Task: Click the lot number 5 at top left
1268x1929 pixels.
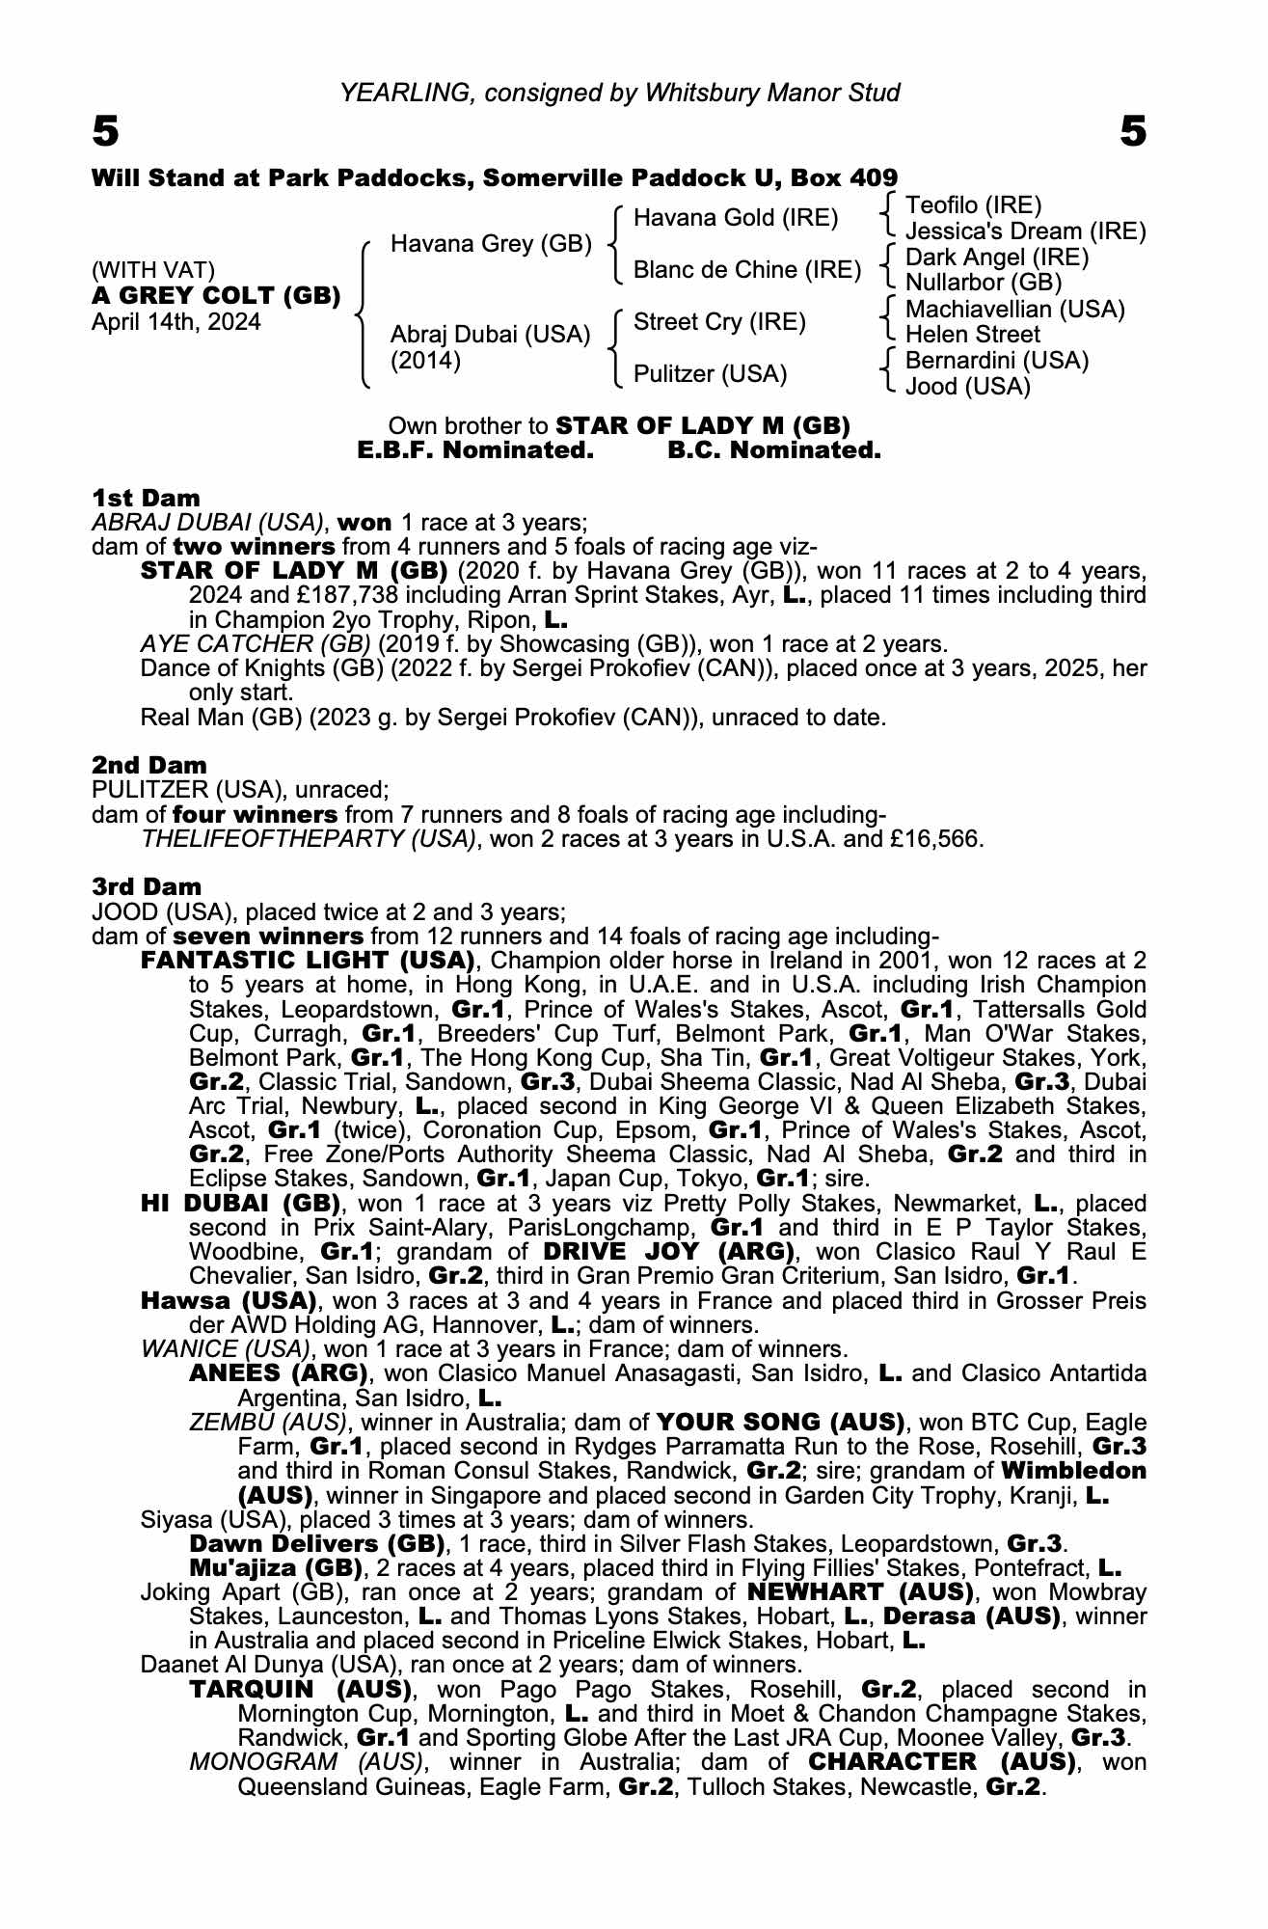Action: [106, 131]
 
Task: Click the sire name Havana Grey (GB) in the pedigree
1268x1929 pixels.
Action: [491, 244]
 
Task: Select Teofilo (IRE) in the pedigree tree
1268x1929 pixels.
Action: [974, 205]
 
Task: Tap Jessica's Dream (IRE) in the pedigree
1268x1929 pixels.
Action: [1026, 231]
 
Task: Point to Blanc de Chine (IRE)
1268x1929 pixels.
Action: [746, 270]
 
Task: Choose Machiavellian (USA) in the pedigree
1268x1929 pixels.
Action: [1015, 310]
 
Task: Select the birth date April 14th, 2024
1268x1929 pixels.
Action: [175, 322]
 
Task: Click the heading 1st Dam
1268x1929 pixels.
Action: [146, 499]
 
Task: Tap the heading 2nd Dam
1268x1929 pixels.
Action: [149, 766]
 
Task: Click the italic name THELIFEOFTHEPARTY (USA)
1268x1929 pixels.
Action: [309, 838]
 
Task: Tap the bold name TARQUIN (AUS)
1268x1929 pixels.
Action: [301, 1690]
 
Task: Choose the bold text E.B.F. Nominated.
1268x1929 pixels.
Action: [474, 450]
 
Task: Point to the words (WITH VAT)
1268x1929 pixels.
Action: [153, 270]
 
